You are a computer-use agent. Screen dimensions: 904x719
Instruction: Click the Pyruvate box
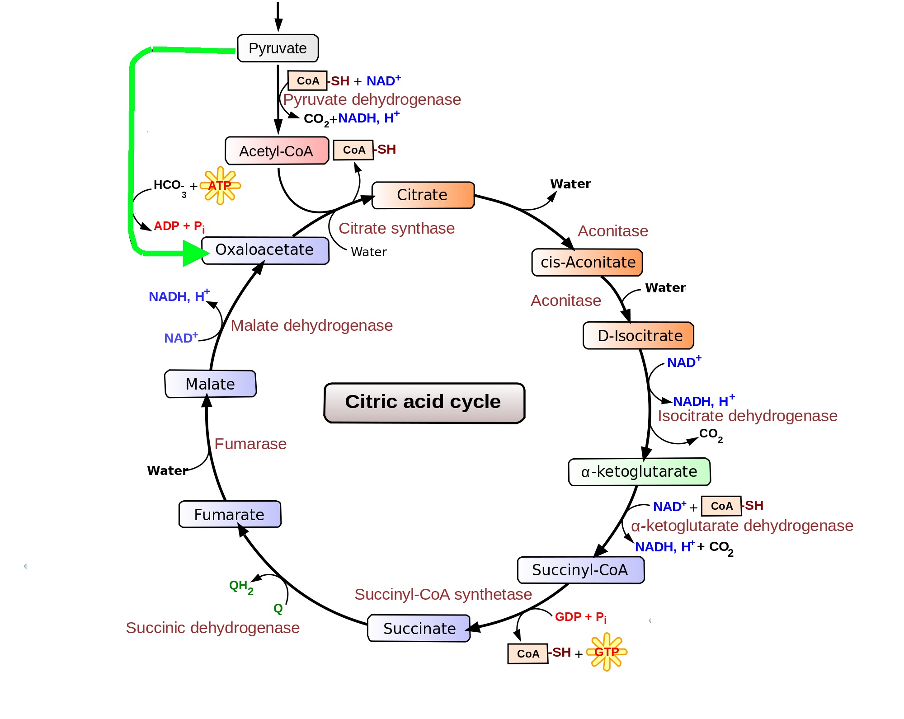tap(278, 48)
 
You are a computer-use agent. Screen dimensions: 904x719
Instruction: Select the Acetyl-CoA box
tap(277, 150)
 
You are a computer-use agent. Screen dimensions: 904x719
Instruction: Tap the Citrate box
tap(423, 195)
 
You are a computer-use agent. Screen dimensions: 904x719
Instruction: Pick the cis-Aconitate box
tap(587, 262)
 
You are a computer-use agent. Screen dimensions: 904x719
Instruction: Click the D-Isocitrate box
tap(638, 335)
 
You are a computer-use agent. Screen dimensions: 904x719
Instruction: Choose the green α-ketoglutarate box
tap(639, 472)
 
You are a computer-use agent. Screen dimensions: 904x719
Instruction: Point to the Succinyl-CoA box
tap(581, 570)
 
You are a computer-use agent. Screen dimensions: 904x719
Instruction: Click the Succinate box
tap(419, 628)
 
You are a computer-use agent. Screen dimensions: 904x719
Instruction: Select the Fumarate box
tap(230, 514)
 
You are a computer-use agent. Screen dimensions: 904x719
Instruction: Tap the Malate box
tap(211, 384)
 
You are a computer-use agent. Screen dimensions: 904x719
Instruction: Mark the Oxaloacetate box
tap(265, 250)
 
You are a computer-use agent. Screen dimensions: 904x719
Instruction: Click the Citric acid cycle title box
tap(424, 403)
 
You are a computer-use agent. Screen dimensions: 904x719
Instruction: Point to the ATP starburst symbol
tap(220, 185)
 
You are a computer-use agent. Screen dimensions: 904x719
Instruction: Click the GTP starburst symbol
tap(607, 652)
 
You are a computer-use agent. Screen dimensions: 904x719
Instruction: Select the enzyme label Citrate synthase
tap(396, 228)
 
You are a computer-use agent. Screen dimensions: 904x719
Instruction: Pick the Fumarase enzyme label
tap(250, 444)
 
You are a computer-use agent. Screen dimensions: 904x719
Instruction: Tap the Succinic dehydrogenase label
tap(212, 628)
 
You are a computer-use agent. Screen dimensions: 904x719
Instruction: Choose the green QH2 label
tap(241, 587)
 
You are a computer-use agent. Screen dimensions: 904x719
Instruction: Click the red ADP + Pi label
tap(179, 226)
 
